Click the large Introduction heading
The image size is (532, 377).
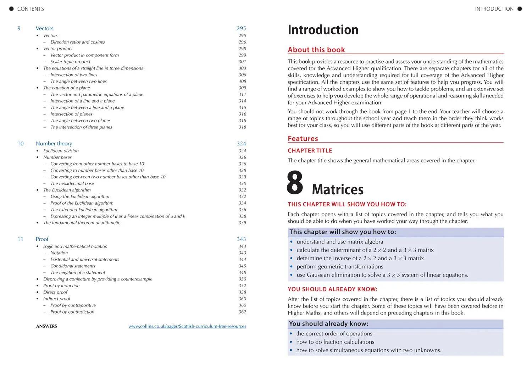[x=323, y=30]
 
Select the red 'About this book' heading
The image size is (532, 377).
[x=316, y=50]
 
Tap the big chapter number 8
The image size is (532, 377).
[x=295, y=183]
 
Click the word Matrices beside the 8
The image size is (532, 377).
[x=337, y=189]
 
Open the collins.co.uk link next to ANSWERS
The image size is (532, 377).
[x=187, y=326]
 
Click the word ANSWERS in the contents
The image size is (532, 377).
[x=46, y=326]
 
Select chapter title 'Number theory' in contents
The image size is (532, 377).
[x=54, y=144]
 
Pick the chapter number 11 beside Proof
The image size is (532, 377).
[x=20, y=239]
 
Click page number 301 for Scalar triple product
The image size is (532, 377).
[x=242, y=62]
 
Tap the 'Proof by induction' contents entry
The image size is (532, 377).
[x=61, y=285]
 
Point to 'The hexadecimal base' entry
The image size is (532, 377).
[x=72, y=183]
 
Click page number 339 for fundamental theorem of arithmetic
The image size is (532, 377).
[x=242, y=223]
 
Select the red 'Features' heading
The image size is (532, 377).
[x=303, y=139]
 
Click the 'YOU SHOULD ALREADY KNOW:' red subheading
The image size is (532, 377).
[x=332, y=289]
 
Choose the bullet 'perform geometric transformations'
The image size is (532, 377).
[x=340, y=267]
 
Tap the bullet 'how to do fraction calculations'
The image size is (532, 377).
[x=335, y=342]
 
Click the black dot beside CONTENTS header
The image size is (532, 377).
[x=11, y=9]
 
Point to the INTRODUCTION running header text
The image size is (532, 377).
[x=494, y=9]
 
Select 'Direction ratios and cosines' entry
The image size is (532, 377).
[x=78, y=42]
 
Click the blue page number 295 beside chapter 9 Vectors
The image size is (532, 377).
[x=241, y=28]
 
